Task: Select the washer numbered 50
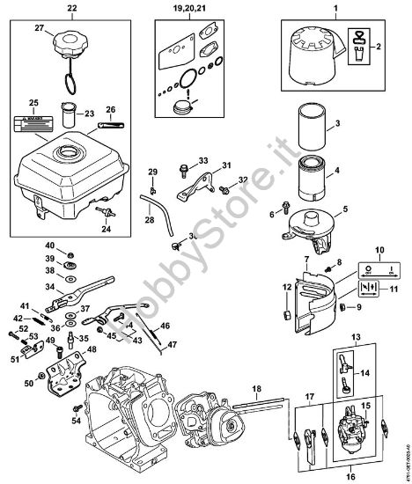(53, 383)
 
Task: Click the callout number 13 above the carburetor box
(355, 337)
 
